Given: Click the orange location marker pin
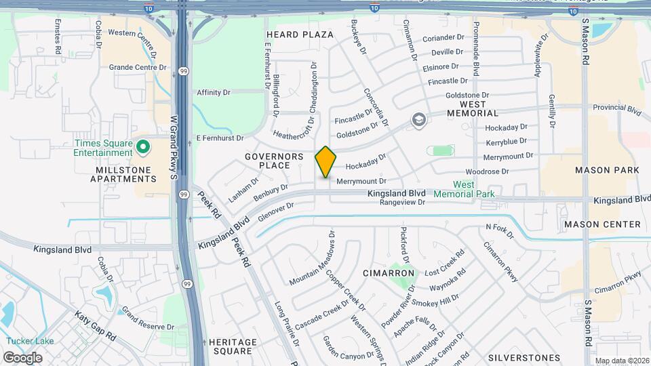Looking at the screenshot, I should pyautogui.click(x=325, y=162).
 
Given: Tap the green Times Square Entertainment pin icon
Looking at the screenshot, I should pyautogui.click(x=143, y=146).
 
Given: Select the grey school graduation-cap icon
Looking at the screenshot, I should pyautogui.click(x=419, y=121).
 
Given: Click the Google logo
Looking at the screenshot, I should pyautogui.click(x=22, y=357).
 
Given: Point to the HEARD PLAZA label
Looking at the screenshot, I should pyautogui.click(x=300, y=35).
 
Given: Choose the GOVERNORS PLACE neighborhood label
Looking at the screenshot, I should pyautogui.click(x=274, y=161).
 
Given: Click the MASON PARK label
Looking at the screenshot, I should pyautogui.click(x=607, y=170).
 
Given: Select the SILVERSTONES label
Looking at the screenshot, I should pyautogui.click(x=524, y=357).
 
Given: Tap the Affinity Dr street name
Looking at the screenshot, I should pyautogui.click(x=214, y=92).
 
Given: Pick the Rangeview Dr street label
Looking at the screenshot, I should pyautogui.click(x=402, y=202).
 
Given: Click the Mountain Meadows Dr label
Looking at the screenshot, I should pyautogui.click(x=313, y=258).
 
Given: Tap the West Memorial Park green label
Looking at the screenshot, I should pyautogui.click(x=464, y=189).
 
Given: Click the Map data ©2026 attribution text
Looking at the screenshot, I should pyautogui.click(x=620, y=361).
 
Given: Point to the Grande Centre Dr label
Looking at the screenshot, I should pyautogui.click(x=138, y=67).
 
